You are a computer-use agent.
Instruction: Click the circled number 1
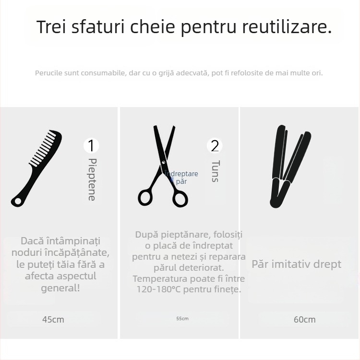91,145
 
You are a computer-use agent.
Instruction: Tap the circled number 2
215,146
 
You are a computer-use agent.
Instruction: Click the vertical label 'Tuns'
215,171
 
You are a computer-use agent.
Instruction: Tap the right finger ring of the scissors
180,197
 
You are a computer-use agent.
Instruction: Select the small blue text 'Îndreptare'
181,174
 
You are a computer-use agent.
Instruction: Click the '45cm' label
53,319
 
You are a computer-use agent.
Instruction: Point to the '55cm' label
182,319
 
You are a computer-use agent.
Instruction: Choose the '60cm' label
304,319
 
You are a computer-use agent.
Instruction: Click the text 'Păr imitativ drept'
297,264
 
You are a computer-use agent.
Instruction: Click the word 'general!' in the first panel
60,288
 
